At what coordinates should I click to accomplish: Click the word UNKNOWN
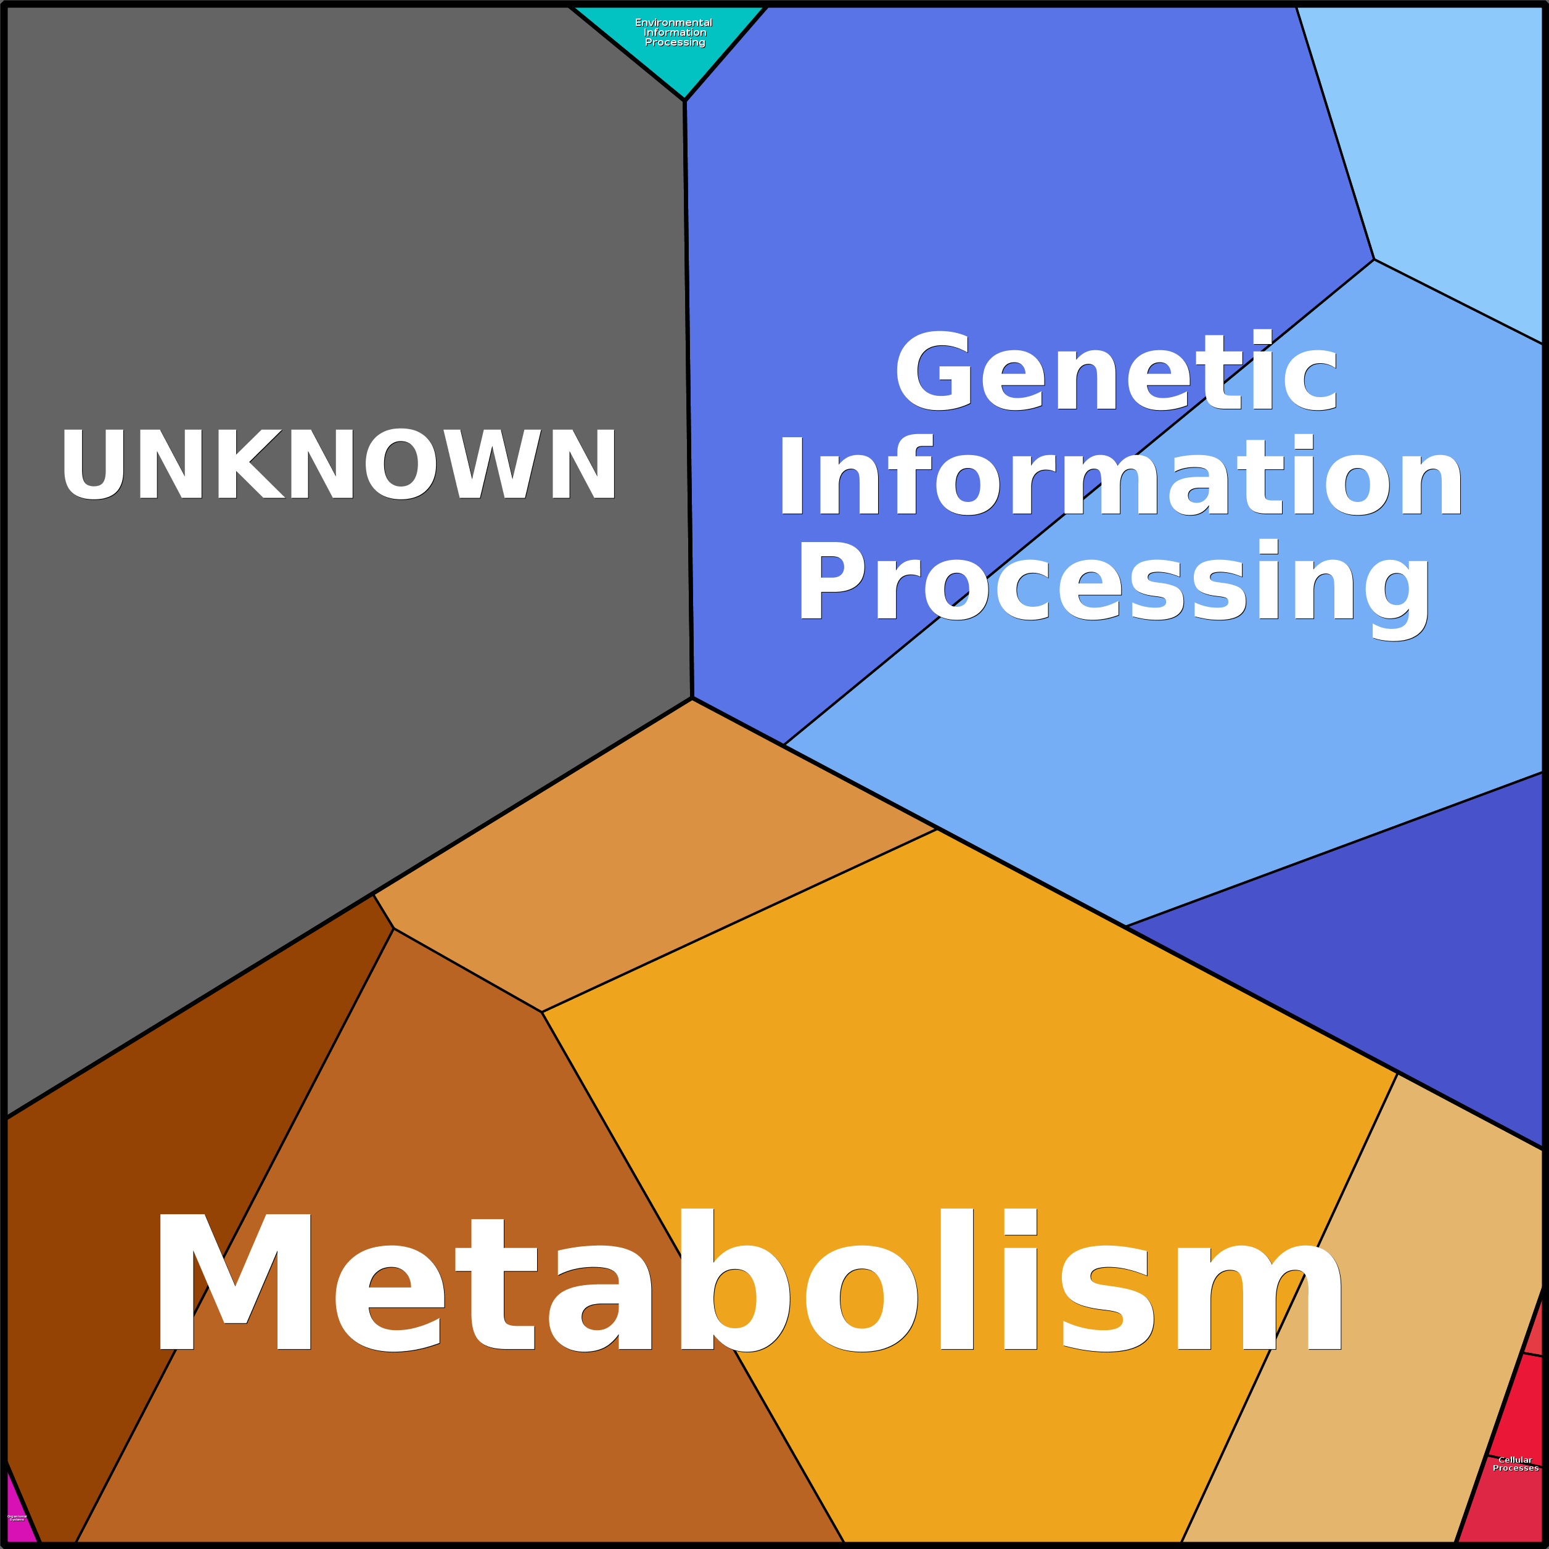coord(339,464)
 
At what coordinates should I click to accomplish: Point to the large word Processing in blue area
coord(1113,584)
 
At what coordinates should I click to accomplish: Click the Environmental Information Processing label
coord(674,33)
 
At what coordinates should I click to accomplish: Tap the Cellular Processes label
coord(1514,1464)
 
